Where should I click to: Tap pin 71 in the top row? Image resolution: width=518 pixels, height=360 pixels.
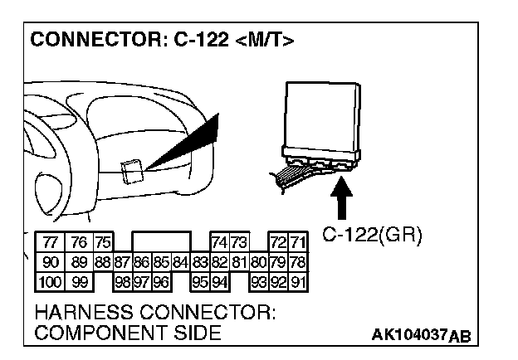[298, 243]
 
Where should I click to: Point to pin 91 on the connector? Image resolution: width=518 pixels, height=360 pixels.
[298, 281]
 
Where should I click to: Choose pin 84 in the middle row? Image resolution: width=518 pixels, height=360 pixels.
[180, 262]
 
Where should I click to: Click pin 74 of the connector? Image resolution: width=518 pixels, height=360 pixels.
[220, 243]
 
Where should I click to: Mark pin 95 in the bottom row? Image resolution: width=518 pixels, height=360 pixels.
[200, 281]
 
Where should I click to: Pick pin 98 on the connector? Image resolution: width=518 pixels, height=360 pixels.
[122, 281]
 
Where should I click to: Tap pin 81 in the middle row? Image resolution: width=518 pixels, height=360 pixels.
[239, 262]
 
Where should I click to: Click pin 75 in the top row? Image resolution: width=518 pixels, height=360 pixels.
[102, 243]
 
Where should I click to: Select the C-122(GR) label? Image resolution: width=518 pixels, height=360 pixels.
[371, 236]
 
